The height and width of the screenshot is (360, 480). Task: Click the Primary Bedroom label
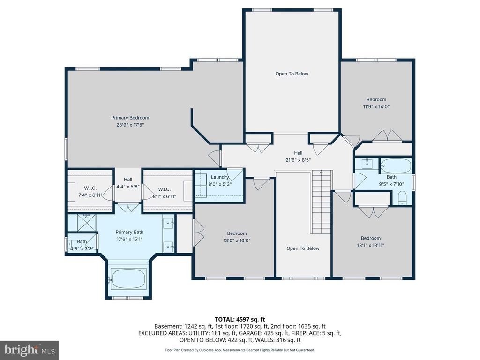(130, 118)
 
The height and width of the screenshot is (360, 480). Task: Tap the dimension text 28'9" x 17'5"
(130, 125)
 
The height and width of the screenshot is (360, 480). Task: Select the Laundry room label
(219, 177)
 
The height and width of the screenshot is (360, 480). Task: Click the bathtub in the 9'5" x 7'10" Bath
(397, 165)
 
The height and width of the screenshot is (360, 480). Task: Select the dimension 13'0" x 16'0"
(237, 241)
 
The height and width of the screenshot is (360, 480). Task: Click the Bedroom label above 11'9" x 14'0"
(376, 99)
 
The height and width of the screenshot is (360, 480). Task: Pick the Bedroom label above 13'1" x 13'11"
(370, 238)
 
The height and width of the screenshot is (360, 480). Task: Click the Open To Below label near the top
(292, 74)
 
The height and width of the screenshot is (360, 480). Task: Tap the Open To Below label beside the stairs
(303, 248)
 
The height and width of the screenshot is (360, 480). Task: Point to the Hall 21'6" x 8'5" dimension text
(298, 160)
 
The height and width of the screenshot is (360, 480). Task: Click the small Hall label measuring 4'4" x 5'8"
(128, 180)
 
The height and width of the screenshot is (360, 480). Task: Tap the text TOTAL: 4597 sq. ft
(240, 319)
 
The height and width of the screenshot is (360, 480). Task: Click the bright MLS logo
(29, 350)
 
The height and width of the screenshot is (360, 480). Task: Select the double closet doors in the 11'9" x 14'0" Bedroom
(387, 135)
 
